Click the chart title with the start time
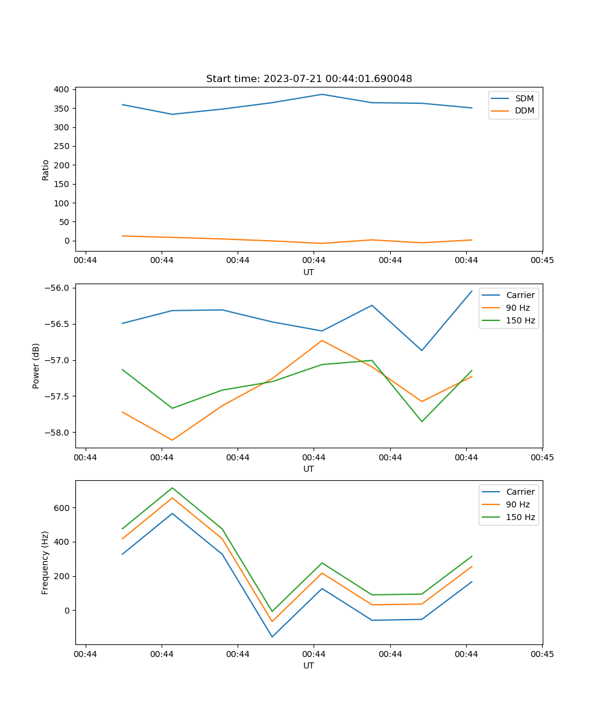[309, 79]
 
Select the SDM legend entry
[524, 98]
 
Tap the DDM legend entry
[524, 111]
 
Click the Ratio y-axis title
[46, 170]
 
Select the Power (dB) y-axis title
[36, 366]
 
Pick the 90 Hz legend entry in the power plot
[517, 308]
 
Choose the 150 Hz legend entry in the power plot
[520, 320]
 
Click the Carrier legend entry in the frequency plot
[520, 492]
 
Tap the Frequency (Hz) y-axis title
[45, 562]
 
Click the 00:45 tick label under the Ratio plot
[542, 261]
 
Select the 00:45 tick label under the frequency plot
[542, 654]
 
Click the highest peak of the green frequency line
[172, 487]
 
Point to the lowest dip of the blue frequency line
[272, 637]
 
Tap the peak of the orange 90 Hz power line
[322, 340]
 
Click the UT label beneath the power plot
[309, 469]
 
